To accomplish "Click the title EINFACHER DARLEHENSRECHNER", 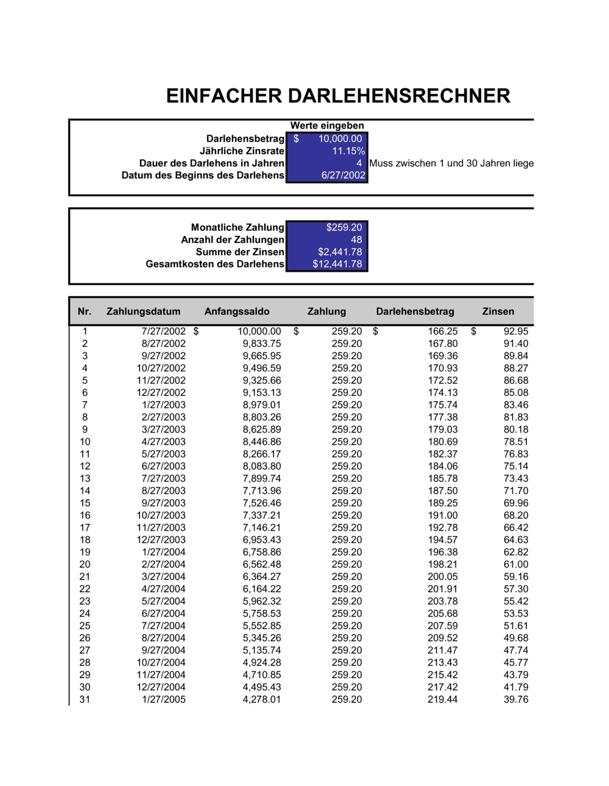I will point(338,96).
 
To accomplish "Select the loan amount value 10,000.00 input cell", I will point(339,139).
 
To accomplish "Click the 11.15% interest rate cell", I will point(348,151).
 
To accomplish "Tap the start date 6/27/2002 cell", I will point(343,175).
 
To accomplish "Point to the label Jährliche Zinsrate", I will point(242,151).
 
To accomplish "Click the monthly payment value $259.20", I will point(343,227).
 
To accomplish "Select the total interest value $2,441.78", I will point(339,252).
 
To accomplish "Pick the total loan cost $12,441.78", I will point(337,264).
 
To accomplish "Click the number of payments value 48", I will point(356,239).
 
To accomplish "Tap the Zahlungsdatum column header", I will point(143,311).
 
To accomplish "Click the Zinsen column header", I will point(498,311).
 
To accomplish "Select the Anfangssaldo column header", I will point(236,311).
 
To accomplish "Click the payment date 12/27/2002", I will point(161,392).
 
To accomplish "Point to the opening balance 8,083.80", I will point(261,466).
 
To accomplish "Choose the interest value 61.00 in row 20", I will point(515,564).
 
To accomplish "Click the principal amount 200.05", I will point(442,576).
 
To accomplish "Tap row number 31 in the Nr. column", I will point(85,699).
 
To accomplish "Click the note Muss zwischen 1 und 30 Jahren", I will point(451,163).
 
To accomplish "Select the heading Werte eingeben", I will point(326,126).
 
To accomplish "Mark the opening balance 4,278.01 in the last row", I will point(261,699).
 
